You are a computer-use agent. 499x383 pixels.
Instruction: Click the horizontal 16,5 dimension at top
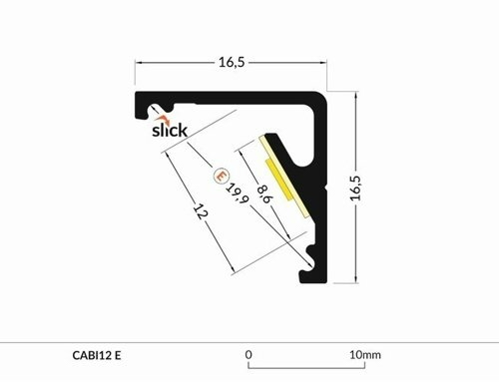point(232,62)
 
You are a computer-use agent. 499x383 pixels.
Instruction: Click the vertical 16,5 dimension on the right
point(355,188)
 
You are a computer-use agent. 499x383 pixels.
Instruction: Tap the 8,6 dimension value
point(265,193)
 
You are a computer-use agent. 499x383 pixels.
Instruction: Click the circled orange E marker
point(221,176)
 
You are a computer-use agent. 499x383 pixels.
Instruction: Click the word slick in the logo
point(170,130)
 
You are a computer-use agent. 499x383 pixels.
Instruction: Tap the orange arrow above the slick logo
point(164,119)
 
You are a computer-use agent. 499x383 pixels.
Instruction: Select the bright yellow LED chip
point(278,180)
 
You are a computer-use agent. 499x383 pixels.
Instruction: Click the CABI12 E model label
point(97,355)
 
